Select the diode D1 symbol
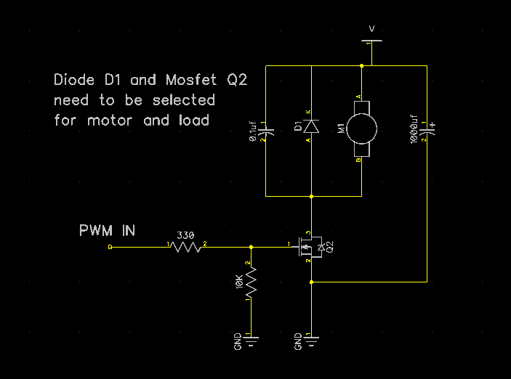click(x=311, y=127)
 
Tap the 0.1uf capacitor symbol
click(x=266, y=131)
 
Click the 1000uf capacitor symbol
click(x=427, y=131)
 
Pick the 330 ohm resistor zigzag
click(x=188, y=247)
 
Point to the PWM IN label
click(x=107, y=231)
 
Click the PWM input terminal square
click(x=110, y=247)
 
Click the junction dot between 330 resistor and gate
click(x=251, y=247)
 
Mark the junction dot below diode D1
click(x=311, y=196)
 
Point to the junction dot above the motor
click(x=361, y=66)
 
